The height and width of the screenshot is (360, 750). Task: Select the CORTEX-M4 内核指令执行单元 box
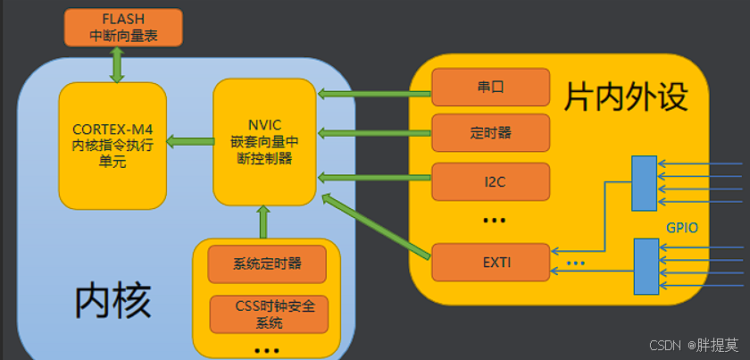(x=112, y=143)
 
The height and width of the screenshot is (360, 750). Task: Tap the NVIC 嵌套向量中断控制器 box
(x=264, y=141)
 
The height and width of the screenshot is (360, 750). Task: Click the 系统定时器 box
(x=267, y=264)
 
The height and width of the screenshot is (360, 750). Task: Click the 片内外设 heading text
(x=626, y=96)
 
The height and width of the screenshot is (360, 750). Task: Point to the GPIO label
(x=681, y=228)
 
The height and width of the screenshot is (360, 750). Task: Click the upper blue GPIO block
(x=644, y=183)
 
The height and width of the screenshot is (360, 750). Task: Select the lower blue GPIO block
(x=646, y=266)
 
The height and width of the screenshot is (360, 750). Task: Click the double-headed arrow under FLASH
(x=116, y=64)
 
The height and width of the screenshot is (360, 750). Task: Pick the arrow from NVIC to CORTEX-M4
(x=190, y=141)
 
